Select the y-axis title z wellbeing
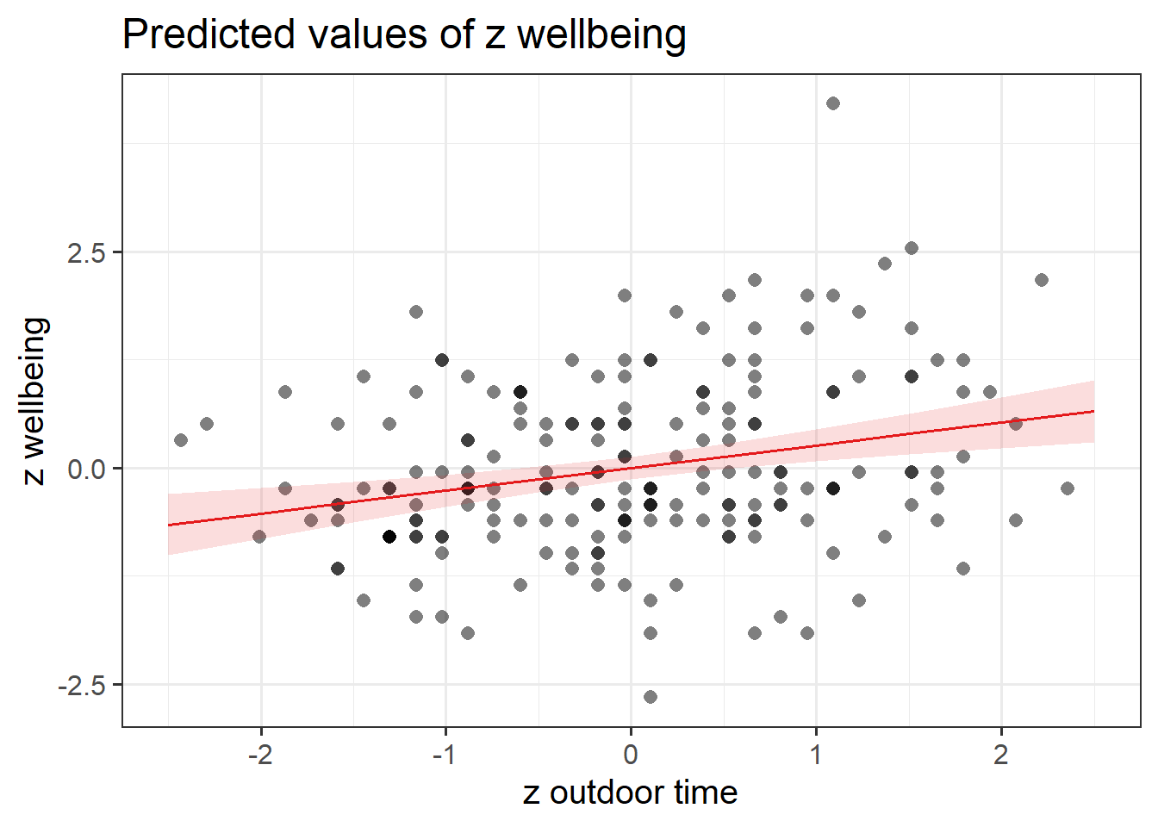coord(34,401)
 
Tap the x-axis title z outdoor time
coord(630,793)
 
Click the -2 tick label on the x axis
coord(259,755)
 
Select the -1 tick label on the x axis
coord(445,755)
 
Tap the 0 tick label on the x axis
coord(631,755)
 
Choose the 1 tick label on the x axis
coord(816,755)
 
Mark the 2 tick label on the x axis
coord(1001,755)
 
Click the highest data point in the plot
coord(833,103)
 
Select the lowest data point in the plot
coord(651,697)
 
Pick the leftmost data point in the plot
coord(181,440)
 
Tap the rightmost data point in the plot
coord(1068,488)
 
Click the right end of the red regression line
coord(1093,411)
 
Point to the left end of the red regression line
coord(169,525)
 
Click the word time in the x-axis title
coord(706,793)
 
